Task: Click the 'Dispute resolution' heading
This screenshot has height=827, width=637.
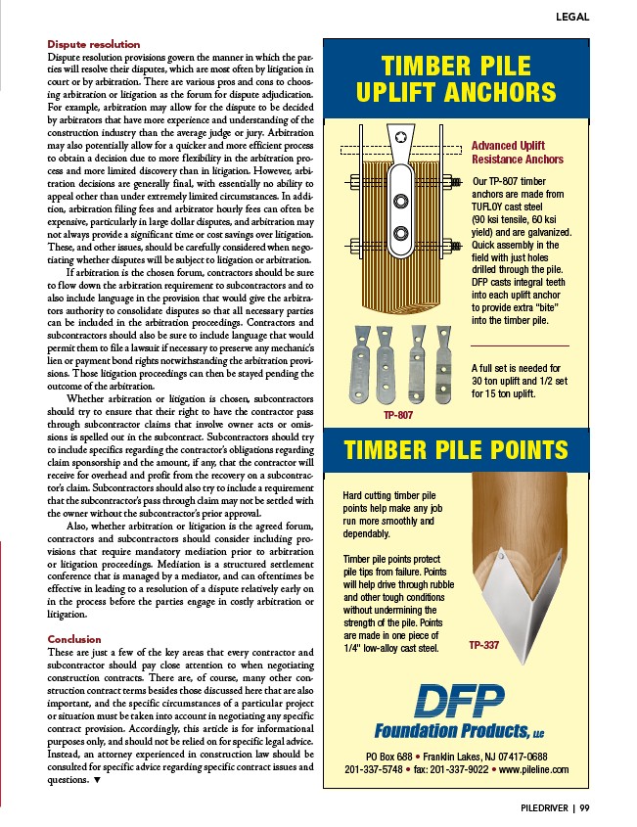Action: pyautogui.click(x=94, y=44)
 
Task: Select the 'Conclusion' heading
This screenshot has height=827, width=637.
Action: pyautogui.click(x=74, y=639)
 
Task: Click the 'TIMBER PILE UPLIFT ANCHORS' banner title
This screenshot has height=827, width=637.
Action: pyautogui.click(x=456, y=80)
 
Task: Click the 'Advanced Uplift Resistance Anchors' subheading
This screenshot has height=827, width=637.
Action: pyautogui.click(x=518, y=153)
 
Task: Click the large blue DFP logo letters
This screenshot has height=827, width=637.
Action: pyautogui.click(x=456, y=701)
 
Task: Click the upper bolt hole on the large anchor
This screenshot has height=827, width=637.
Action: pyautogui.click(x=400, y=202)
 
